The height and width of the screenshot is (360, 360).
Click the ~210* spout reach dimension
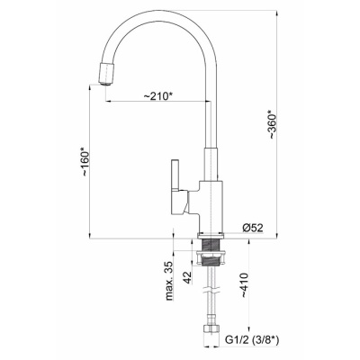(x=158, y=96)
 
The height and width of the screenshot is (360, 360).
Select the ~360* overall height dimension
(x=273, y=124)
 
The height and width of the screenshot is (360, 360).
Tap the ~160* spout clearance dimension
(x=85, y=161)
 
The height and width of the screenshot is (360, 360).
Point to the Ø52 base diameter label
(x=253, y=228)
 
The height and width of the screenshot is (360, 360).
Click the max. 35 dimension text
(x=170, y=281)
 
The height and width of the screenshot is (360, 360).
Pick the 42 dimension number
(x=187, y=278)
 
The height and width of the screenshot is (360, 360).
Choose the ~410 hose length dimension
(x=245, y=285)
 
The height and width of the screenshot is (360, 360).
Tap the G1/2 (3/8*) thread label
(x=252, y=340)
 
